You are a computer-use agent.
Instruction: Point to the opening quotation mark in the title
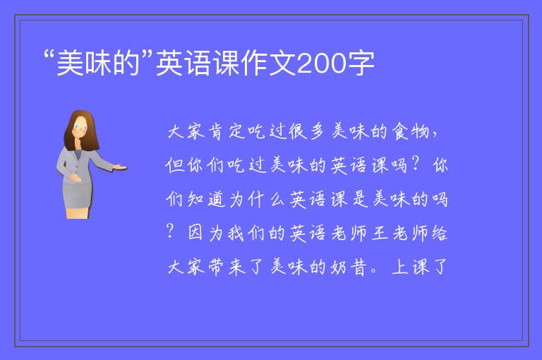point(50,54)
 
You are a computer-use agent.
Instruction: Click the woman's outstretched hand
point(119,167)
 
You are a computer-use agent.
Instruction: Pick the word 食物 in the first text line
point(411,131)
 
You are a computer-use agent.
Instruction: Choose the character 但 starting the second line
point(175,165)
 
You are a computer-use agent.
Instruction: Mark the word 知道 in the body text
point(206,200)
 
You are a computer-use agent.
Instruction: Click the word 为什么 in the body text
point(257,200)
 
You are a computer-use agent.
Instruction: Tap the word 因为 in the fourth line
point(205,233)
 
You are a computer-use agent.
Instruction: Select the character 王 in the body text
point(380,233)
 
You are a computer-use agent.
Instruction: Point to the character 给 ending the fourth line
point(439,233)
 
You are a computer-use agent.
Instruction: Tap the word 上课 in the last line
point(410,267)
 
